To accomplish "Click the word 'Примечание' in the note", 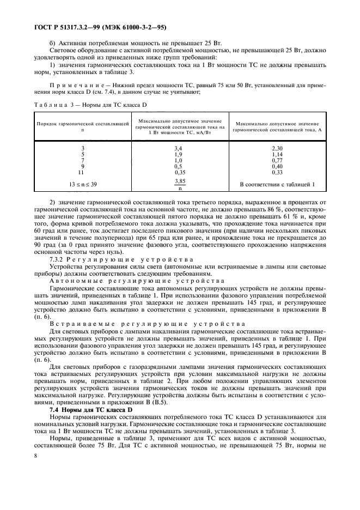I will click(71, 85).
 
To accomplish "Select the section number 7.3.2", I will click(58, 260).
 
